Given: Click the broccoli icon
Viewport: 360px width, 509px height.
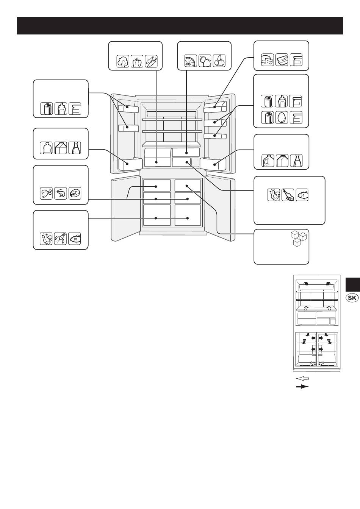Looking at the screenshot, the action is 123,61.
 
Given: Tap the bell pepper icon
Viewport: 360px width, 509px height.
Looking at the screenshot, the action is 137,61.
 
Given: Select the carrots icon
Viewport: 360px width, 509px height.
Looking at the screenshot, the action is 151,61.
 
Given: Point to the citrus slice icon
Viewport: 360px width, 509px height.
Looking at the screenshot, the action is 191,61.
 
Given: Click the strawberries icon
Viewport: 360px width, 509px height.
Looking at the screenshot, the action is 205,61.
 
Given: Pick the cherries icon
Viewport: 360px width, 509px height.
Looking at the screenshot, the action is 219,61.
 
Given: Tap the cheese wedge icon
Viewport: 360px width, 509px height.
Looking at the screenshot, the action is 268,60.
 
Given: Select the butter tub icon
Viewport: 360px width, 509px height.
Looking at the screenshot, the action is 282,60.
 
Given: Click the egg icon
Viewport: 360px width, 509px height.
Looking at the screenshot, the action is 282,117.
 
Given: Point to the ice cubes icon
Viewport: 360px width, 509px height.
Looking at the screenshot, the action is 299,239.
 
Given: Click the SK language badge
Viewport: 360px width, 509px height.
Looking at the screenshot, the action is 352,298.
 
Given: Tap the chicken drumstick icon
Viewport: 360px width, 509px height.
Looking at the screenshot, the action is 46,194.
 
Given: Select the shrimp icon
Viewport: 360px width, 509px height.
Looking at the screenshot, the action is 61,194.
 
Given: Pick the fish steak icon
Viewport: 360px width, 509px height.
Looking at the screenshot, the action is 75,194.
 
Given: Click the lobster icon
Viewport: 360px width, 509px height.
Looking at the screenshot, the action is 61,239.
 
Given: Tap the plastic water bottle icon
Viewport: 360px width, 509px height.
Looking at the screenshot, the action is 46,148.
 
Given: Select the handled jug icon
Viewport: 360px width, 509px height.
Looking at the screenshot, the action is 268,161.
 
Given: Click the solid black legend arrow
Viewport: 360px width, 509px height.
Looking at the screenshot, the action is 302,387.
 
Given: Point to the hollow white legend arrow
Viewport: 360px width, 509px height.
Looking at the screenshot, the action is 303,378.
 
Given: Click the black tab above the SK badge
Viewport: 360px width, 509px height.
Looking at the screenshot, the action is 353,284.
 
